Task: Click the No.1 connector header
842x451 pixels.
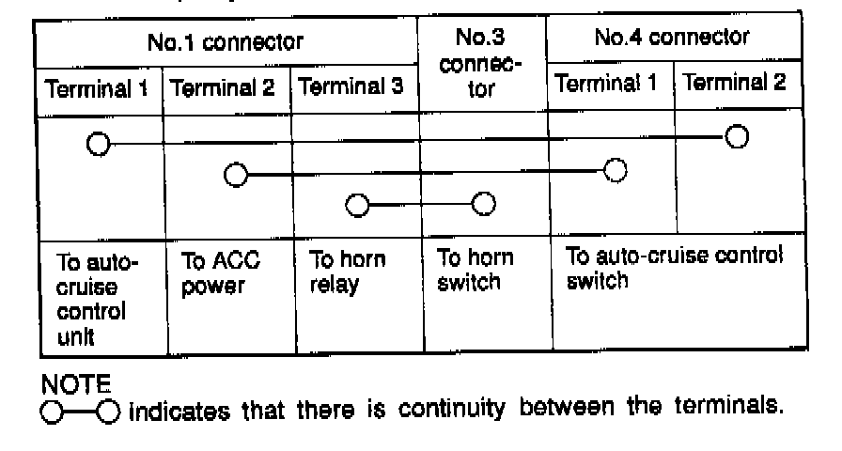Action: (226, 42)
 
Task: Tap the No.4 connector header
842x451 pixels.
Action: (673, 39)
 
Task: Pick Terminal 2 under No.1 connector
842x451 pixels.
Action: (227, 88)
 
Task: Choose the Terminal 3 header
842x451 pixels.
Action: (355, 88)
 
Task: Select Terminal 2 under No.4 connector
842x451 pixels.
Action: (735, 85)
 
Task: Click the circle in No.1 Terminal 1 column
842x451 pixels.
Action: (97, 144)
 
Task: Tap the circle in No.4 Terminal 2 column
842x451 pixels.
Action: (737, 137)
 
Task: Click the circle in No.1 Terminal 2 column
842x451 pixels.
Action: (235, 175)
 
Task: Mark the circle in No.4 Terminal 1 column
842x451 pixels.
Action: (616, 170)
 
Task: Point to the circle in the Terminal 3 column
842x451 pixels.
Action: (356, 205)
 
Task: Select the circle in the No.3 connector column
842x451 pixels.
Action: (483, 204)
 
